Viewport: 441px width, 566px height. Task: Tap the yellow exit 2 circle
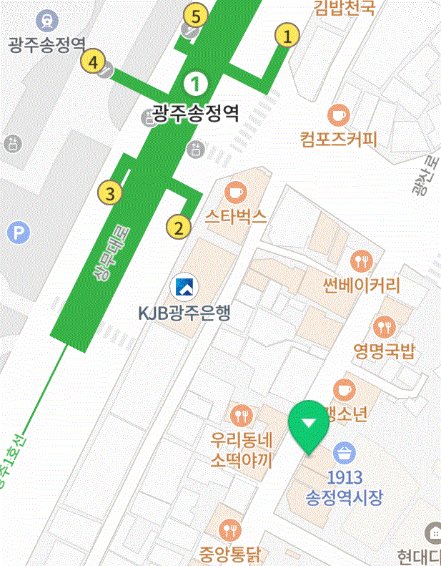coord(178,228)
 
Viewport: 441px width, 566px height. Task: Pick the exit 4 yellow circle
coord(91,61)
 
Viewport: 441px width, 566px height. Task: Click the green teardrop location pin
coord(308,424)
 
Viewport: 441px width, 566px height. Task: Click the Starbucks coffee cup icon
coord(235,192)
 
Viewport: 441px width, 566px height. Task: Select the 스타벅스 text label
coord(235,216)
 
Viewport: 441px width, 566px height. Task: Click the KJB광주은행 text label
coord(184,313)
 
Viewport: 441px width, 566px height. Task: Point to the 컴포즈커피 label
coord(338,139)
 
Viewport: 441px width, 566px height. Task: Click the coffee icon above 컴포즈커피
coord(338,114)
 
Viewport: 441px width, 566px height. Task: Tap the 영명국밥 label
coord(384,351)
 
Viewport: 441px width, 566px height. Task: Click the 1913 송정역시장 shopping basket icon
coord(345,453)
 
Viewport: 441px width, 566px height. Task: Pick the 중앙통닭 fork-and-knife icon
coord(230,530)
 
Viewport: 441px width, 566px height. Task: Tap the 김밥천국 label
coord(344,8)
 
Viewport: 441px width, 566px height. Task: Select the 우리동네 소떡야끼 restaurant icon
coord(242,414)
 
